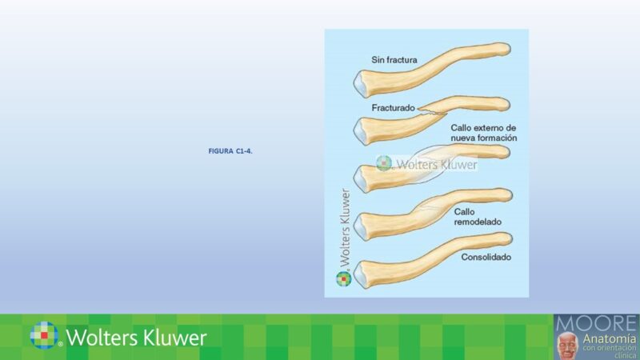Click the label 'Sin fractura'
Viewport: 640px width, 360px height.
[394, 59]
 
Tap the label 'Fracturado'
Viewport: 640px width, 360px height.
[393, 107]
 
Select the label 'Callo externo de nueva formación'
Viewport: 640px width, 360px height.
[484, 133]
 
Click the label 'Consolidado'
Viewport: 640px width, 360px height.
[486, 258]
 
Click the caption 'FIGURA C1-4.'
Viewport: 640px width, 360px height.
[230, 150]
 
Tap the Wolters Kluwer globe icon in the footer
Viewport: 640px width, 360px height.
[45, 335]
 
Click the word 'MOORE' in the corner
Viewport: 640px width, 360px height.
[597, 323]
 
